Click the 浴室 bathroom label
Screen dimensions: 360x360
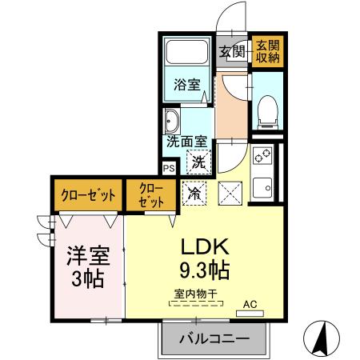[x=186, y=84]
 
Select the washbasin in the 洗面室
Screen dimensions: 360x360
[x=172, y=123]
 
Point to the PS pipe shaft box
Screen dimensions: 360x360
[x=168, y=168]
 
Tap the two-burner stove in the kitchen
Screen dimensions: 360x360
[x=262, y=156]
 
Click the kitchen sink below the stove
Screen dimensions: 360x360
[x=262, y=188]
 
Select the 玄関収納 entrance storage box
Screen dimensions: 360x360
[x=267, y=51]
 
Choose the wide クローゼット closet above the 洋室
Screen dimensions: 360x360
[x=88, y=194]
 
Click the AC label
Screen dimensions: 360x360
[x=250, y=303]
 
